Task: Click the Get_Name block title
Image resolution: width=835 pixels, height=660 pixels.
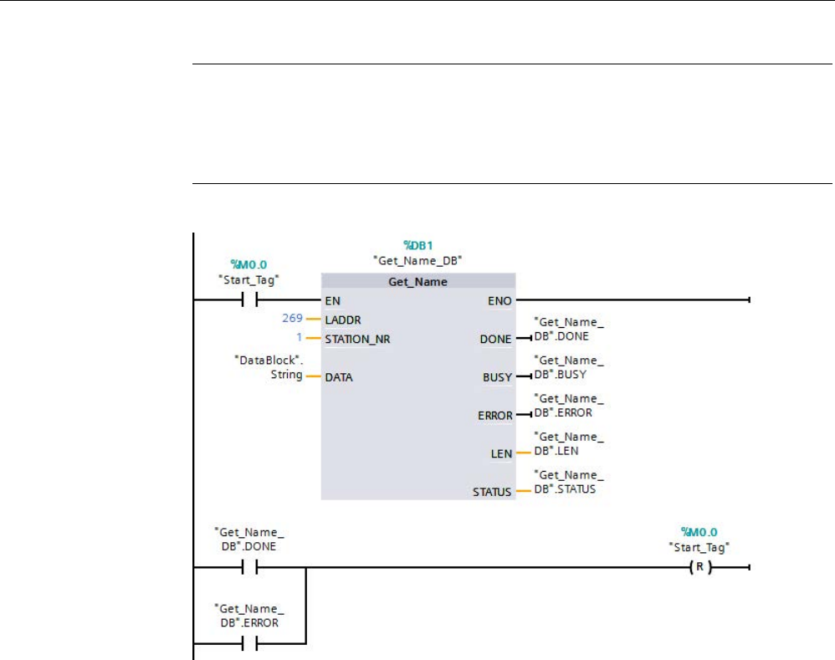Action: click(x=417, y=282)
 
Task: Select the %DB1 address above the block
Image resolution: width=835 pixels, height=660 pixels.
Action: click(x=417, y=245)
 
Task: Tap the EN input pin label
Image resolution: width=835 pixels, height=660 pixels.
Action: click(x=333, y=299)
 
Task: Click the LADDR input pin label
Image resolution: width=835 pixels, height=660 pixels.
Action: click(x=342, y=320)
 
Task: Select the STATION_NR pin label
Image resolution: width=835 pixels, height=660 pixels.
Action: click(x=357, y=340)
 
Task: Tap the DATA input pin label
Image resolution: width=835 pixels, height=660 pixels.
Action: click(x=339, y=377)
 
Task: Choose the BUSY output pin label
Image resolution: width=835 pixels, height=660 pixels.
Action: click(x=497, y=377)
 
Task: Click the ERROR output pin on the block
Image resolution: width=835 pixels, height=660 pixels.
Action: click(x=494, y=415)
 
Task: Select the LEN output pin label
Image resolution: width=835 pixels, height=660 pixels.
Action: click(x=501, y=453)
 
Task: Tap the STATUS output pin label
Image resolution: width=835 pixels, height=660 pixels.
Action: click(x=491, y=492)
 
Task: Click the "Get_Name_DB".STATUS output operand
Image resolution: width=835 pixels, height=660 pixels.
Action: click(x=568, y=483)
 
